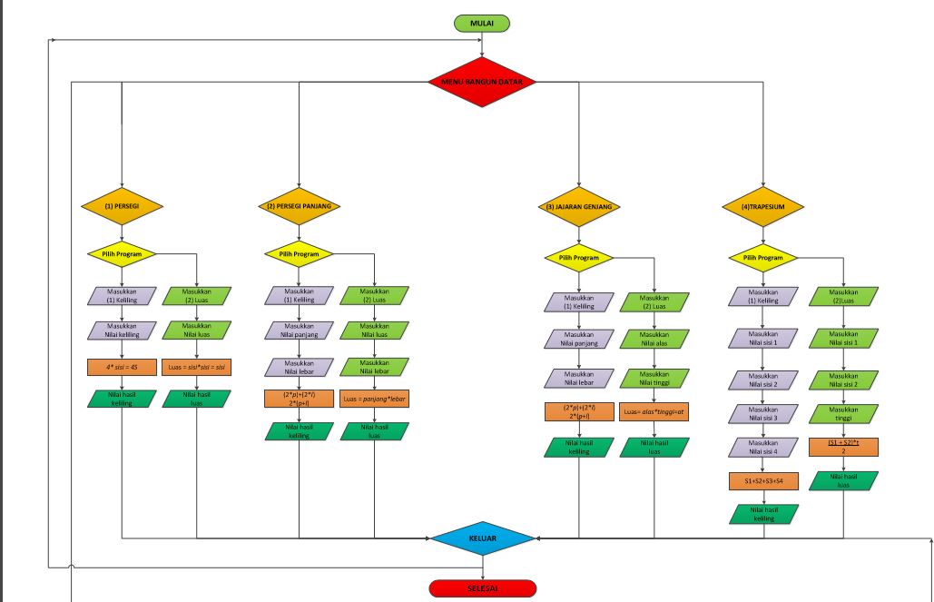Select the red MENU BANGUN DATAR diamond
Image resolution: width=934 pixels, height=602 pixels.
(x=482, y=82)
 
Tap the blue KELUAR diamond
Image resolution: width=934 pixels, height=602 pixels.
(x=482, y=538)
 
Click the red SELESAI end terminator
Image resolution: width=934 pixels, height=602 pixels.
(x=482, y=588)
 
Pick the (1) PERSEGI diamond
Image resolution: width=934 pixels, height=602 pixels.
(x=121, y=206)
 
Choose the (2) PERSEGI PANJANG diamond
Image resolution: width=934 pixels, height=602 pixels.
(x=299, y=206)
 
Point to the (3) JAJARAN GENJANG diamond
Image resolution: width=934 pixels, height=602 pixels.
(x=578, y=207)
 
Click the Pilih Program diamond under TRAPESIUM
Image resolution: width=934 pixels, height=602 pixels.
(x=762, y=258)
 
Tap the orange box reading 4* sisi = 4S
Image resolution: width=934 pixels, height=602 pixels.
(x=121, y=368)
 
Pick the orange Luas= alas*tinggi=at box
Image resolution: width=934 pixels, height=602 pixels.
(x=654, y=412)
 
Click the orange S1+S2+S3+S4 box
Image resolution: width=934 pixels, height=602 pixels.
(x=762, y=481)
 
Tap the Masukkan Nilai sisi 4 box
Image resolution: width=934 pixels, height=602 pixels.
(x=762, y=447)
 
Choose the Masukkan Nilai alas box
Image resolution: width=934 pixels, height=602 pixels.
(x=654, y=340)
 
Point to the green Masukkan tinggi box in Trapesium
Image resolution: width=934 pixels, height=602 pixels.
(x=844, y=413)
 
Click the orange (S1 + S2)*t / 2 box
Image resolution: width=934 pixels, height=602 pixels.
(x=844, y=446)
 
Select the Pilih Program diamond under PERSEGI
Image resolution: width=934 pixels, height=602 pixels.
(x=121, y=254)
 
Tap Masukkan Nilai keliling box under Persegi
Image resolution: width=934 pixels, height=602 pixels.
(x=121, y=330)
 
